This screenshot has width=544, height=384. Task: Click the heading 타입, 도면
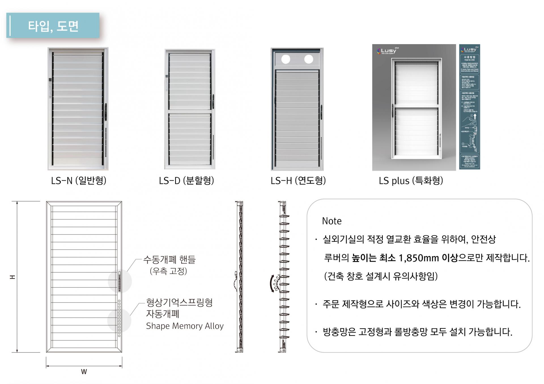pos(53,26)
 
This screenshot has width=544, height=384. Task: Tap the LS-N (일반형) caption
pos(78,180)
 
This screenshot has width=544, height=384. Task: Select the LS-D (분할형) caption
pos(186,180)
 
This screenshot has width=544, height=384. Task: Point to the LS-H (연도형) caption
pos(298,180)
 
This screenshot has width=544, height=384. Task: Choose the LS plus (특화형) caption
pos(411,181)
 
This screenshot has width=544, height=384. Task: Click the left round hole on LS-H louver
pos(286,59)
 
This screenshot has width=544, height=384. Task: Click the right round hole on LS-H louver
pos(309,59)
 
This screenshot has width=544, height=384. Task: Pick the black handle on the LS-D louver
pos(213,102)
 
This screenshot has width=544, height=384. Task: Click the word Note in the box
pos(332,221)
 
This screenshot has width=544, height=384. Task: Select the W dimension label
pos(84,372)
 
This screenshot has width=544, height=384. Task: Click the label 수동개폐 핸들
pos(169,259)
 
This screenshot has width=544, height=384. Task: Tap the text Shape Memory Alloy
pos(185,326)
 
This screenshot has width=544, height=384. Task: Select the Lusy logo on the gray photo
pos(387,51)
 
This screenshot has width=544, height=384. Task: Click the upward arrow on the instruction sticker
pos(475,116)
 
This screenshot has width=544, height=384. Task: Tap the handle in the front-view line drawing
pos(119,281)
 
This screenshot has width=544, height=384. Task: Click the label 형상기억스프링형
pos(179,303)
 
